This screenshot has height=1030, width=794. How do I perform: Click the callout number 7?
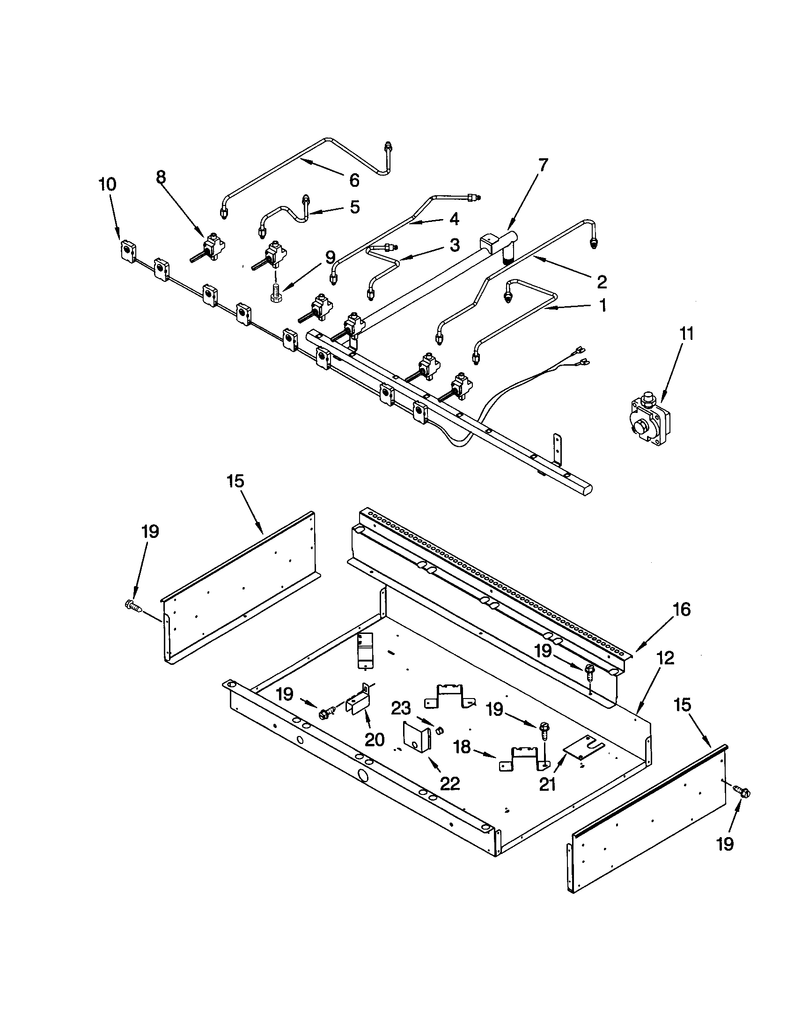pyautogui.click(x=543, y=165)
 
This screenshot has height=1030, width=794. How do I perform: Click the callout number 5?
pyautogui.click(x=354, y=206)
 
